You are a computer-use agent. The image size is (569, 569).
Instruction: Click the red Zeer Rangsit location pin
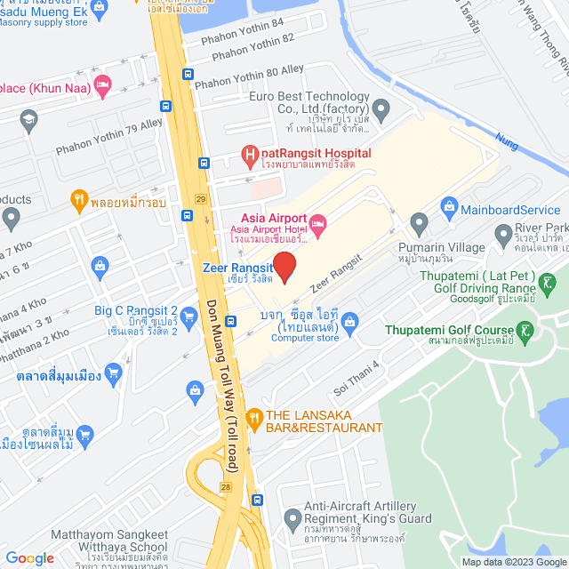[284, 266]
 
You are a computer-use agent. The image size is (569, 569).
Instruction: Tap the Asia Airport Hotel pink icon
[318, 220]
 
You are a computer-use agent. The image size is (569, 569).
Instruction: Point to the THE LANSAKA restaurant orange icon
[254, 415]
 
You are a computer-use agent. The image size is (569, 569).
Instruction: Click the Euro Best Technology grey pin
[382, 112]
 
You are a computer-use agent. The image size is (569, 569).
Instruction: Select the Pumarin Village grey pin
[419, 221]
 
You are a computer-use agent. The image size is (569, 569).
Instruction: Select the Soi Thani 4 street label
[356, 372]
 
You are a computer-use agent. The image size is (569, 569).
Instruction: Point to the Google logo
[29, 557]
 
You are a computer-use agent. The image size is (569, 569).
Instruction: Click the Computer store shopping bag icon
[350, 319]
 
